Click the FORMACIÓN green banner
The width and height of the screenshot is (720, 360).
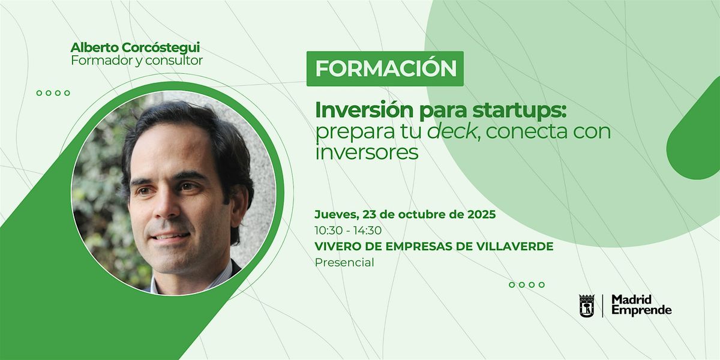click(x=385, y=68)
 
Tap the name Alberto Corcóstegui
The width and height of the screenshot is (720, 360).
click(x=135, y=47)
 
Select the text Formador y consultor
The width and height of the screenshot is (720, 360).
click(x=137, y=61)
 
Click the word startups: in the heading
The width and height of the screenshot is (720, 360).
click(x=519, y=111)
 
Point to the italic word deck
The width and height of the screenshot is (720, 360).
click(x=452, y=131)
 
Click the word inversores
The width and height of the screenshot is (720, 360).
click(x=367, y=152)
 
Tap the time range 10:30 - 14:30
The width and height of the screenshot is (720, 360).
click(x=348, y=230)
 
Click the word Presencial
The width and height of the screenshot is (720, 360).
click(x=344, y=263)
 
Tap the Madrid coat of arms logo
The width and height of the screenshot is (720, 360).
click(x=587, y=305)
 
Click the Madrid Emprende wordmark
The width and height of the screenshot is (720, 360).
click(x=641, y=305)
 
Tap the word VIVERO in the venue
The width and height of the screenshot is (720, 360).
click(x=335, y=247)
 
